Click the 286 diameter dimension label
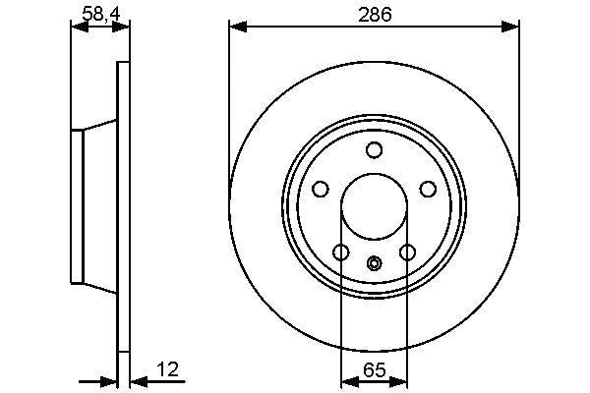coord(374,15)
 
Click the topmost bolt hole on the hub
coord(374,149)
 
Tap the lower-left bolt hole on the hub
coord(340,253)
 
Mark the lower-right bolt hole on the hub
coord(407,253)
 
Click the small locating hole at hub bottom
coord(374,262)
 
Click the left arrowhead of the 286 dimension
coord(236,27)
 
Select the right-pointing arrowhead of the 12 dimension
coord(109,378)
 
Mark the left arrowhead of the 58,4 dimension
coord(79,27)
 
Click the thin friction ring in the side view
coord(123,206)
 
